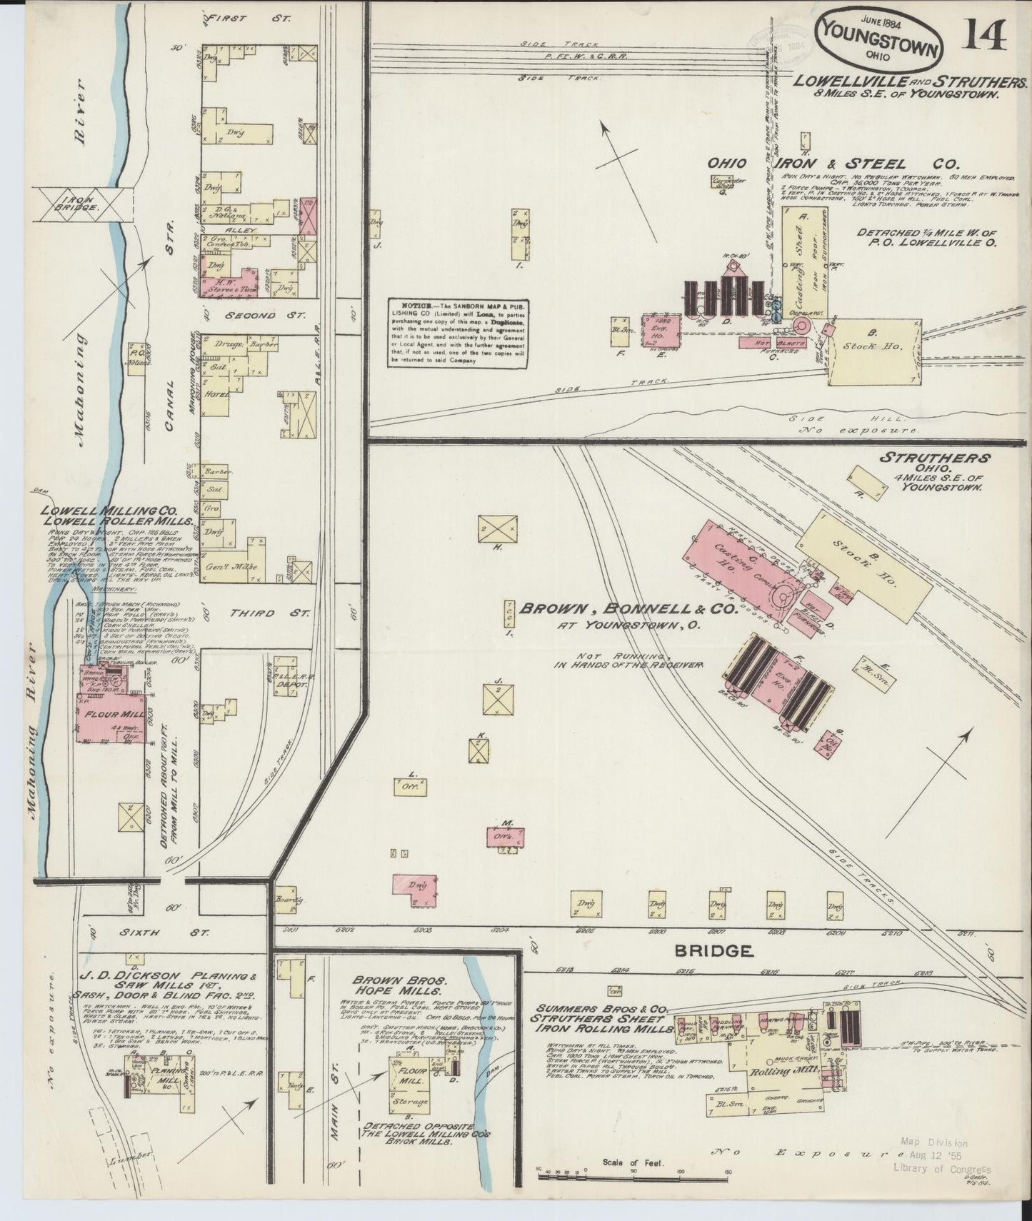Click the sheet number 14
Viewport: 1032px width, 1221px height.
986,34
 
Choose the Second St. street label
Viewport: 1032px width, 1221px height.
264,314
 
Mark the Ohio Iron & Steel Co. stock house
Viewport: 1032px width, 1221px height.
872,351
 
